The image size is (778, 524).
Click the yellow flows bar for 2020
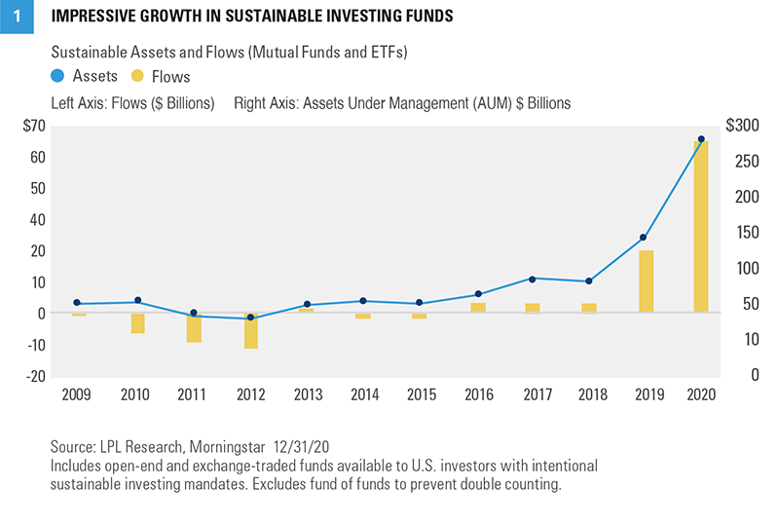pyautogui.click(x=701, y=227)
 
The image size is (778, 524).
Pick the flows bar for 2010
pyautogui.click(x=138, y=323)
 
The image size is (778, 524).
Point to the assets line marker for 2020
pyautogui.click(x=701, y=139)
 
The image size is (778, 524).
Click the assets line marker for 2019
pyautogui.click(x=644, y=238)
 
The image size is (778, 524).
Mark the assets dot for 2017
pyautogui.click(x=533, y=279)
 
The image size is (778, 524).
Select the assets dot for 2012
pyautogui.click(x=250, y=318)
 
